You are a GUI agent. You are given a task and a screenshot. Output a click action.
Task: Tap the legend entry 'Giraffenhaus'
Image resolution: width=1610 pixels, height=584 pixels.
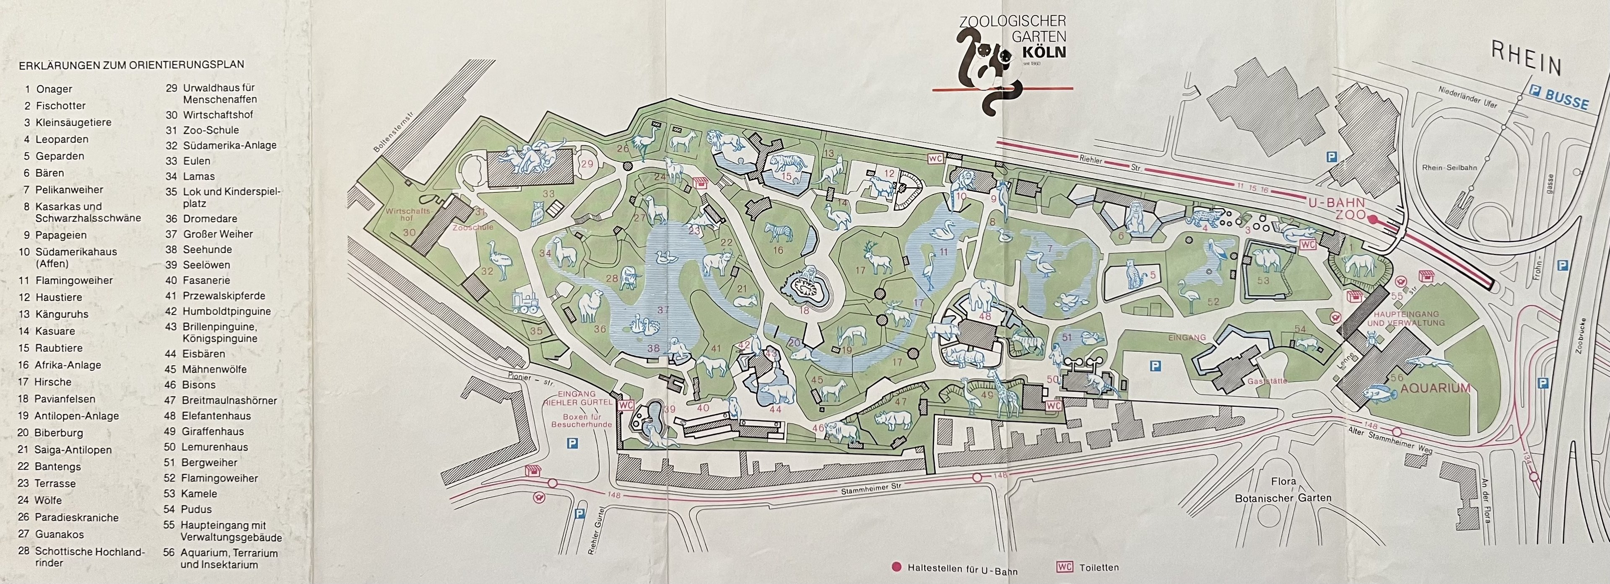(213, 432)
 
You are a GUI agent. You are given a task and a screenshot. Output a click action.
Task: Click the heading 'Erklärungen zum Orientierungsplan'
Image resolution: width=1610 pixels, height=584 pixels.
(131, 65)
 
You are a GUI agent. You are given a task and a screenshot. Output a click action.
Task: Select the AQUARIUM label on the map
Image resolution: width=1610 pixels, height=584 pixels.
(1435, 388)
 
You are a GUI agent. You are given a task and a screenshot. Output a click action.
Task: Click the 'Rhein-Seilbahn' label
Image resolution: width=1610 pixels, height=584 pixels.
(1449, 168)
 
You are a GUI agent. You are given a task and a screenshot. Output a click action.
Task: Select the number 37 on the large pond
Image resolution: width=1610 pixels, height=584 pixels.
(663, 310)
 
